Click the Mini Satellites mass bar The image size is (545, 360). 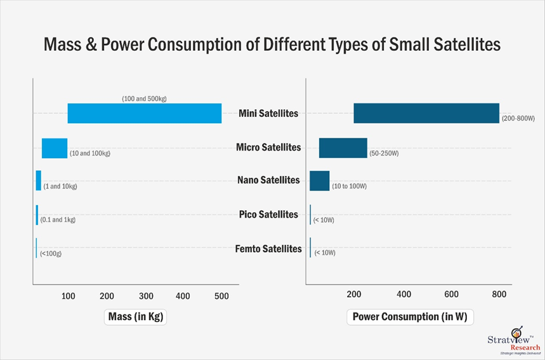tap(145, 114)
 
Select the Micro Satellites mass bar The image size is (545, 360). tap(55, 148)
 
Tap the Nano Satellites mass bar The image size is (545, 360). tap(39, 180)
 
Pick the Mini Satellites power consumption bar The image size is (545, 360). tap(426, 114)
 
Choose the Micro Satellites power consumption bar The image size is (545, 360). tap(343, 148)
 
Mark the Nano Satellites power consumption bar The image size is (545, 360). tap(319, 180)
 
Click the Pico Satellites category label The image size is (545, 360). tap(268, 215)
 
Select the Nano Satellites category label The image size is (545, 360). tap(268, 180)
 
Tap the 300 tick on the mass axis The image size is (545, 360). tap(146, 296)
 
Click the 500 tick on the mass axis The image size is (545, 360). tap(221, 296)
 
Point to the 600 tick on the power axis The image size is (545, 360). tap(451, 294)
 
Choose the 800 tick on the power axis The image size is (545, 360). tap(499, 294)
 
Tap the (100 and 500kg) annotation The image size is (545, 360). tap(144, 98)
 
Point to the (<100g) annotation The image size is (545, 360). tap(51, 253)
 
